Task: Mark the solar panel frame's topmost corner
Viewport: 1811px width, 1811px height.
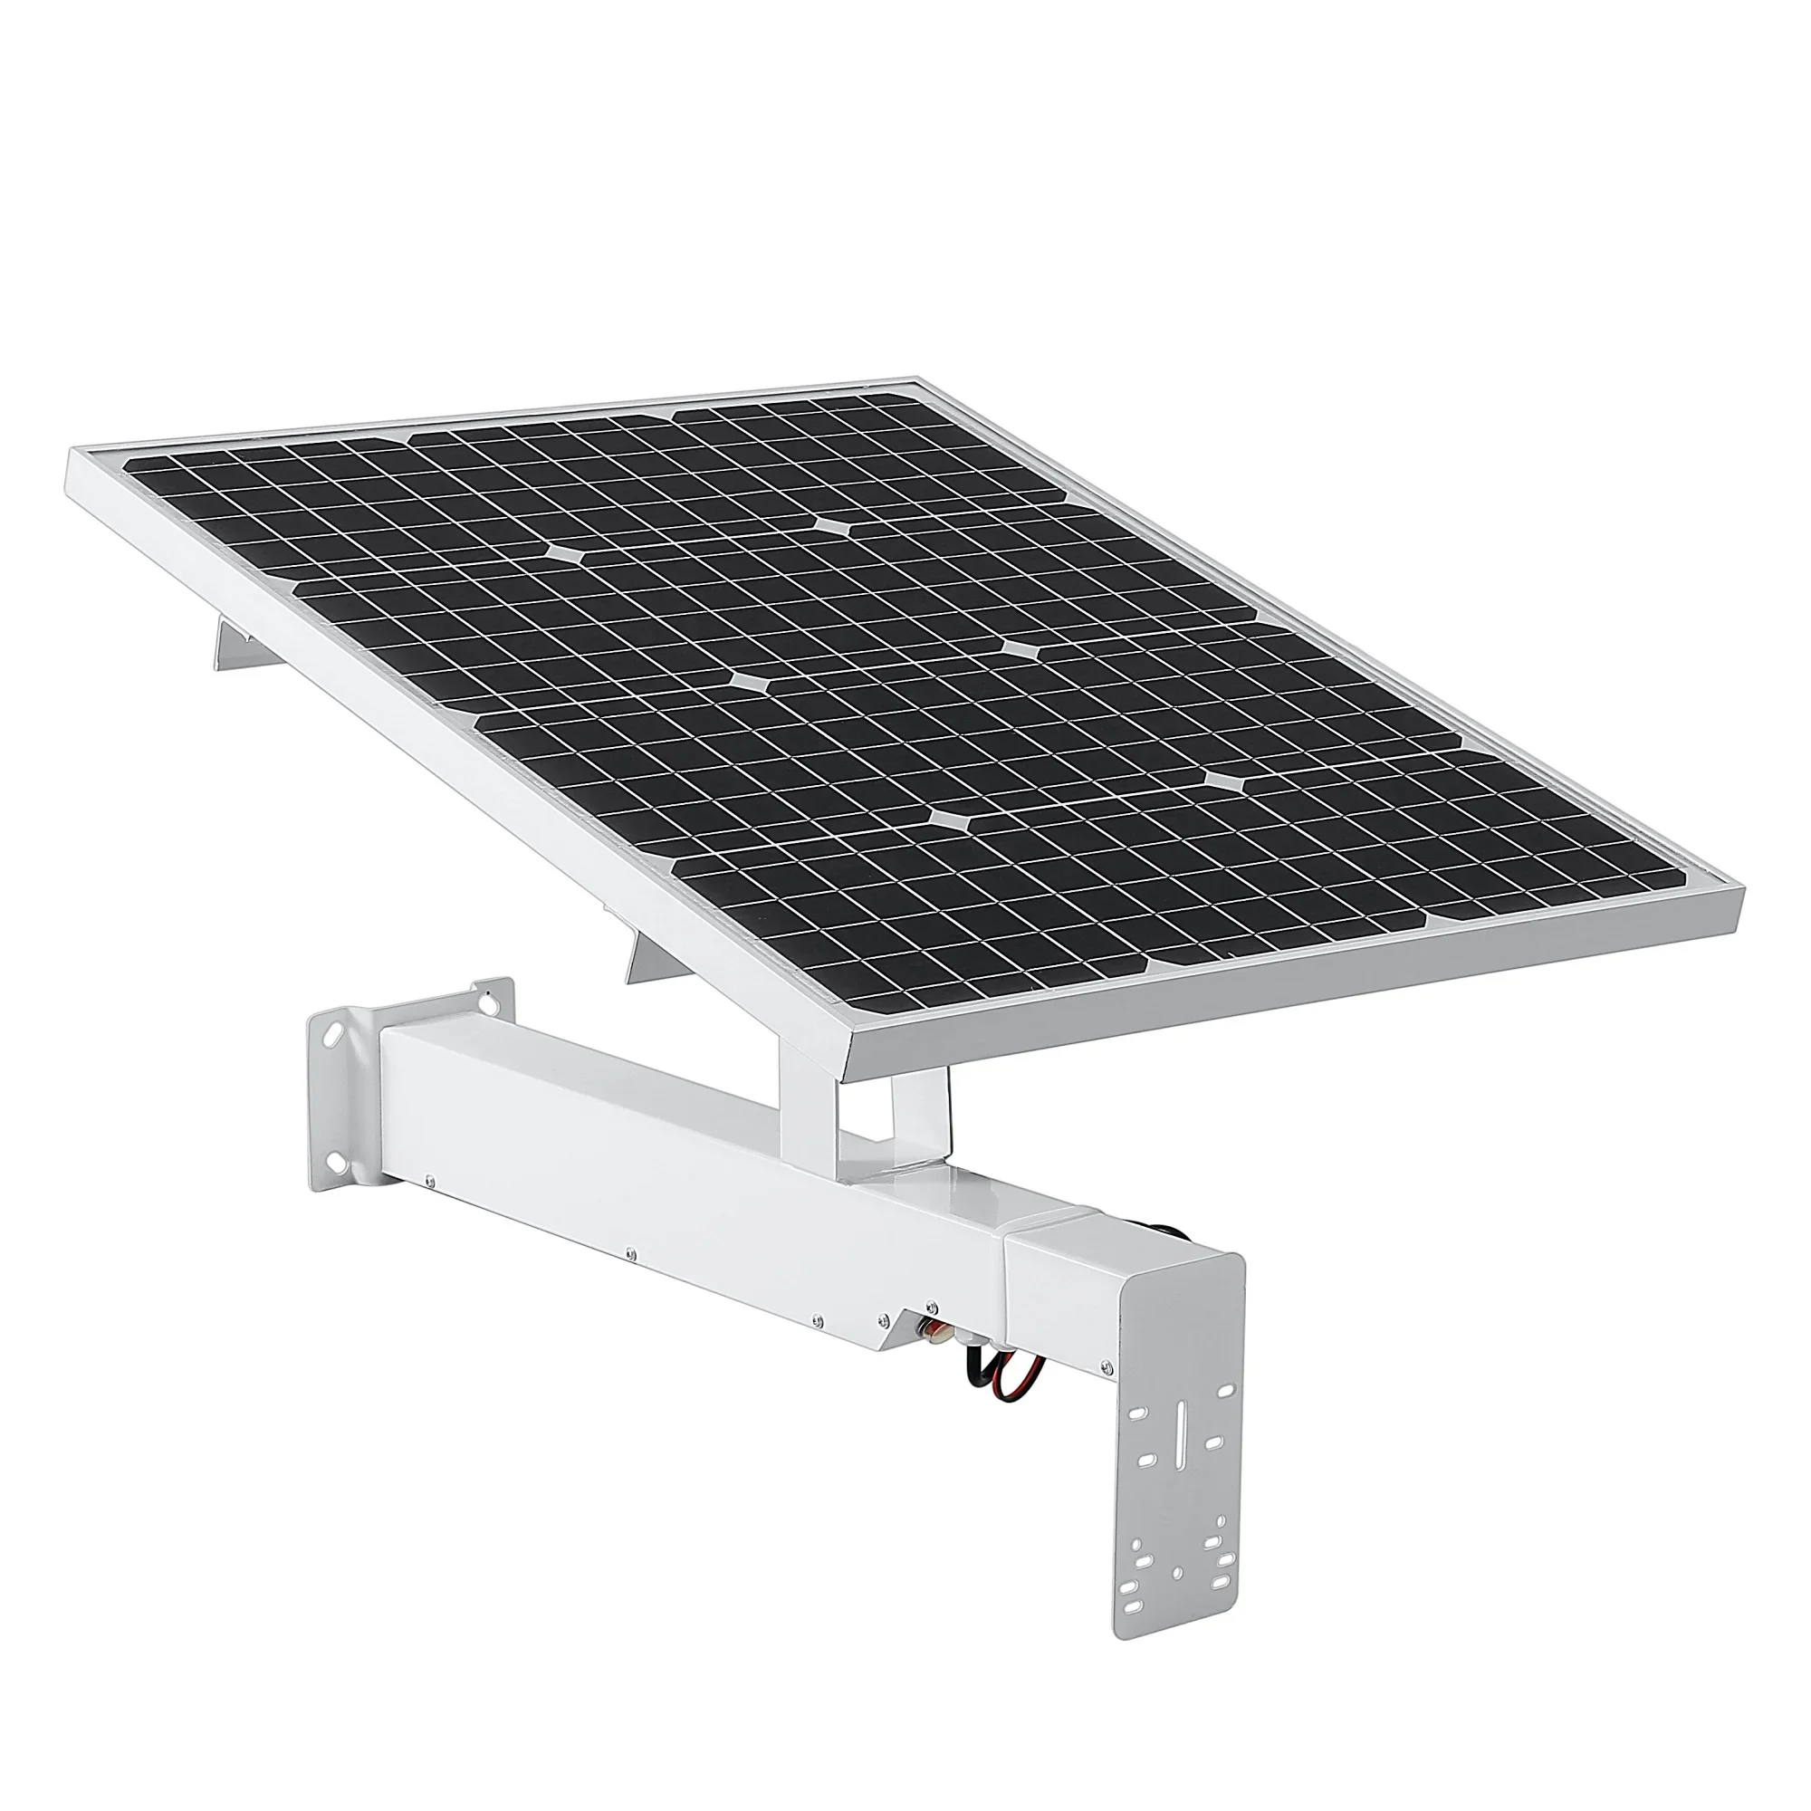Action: [924, 379]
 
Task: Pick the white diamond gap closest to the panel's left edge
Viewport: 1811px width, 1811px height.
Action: [565, 554]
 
